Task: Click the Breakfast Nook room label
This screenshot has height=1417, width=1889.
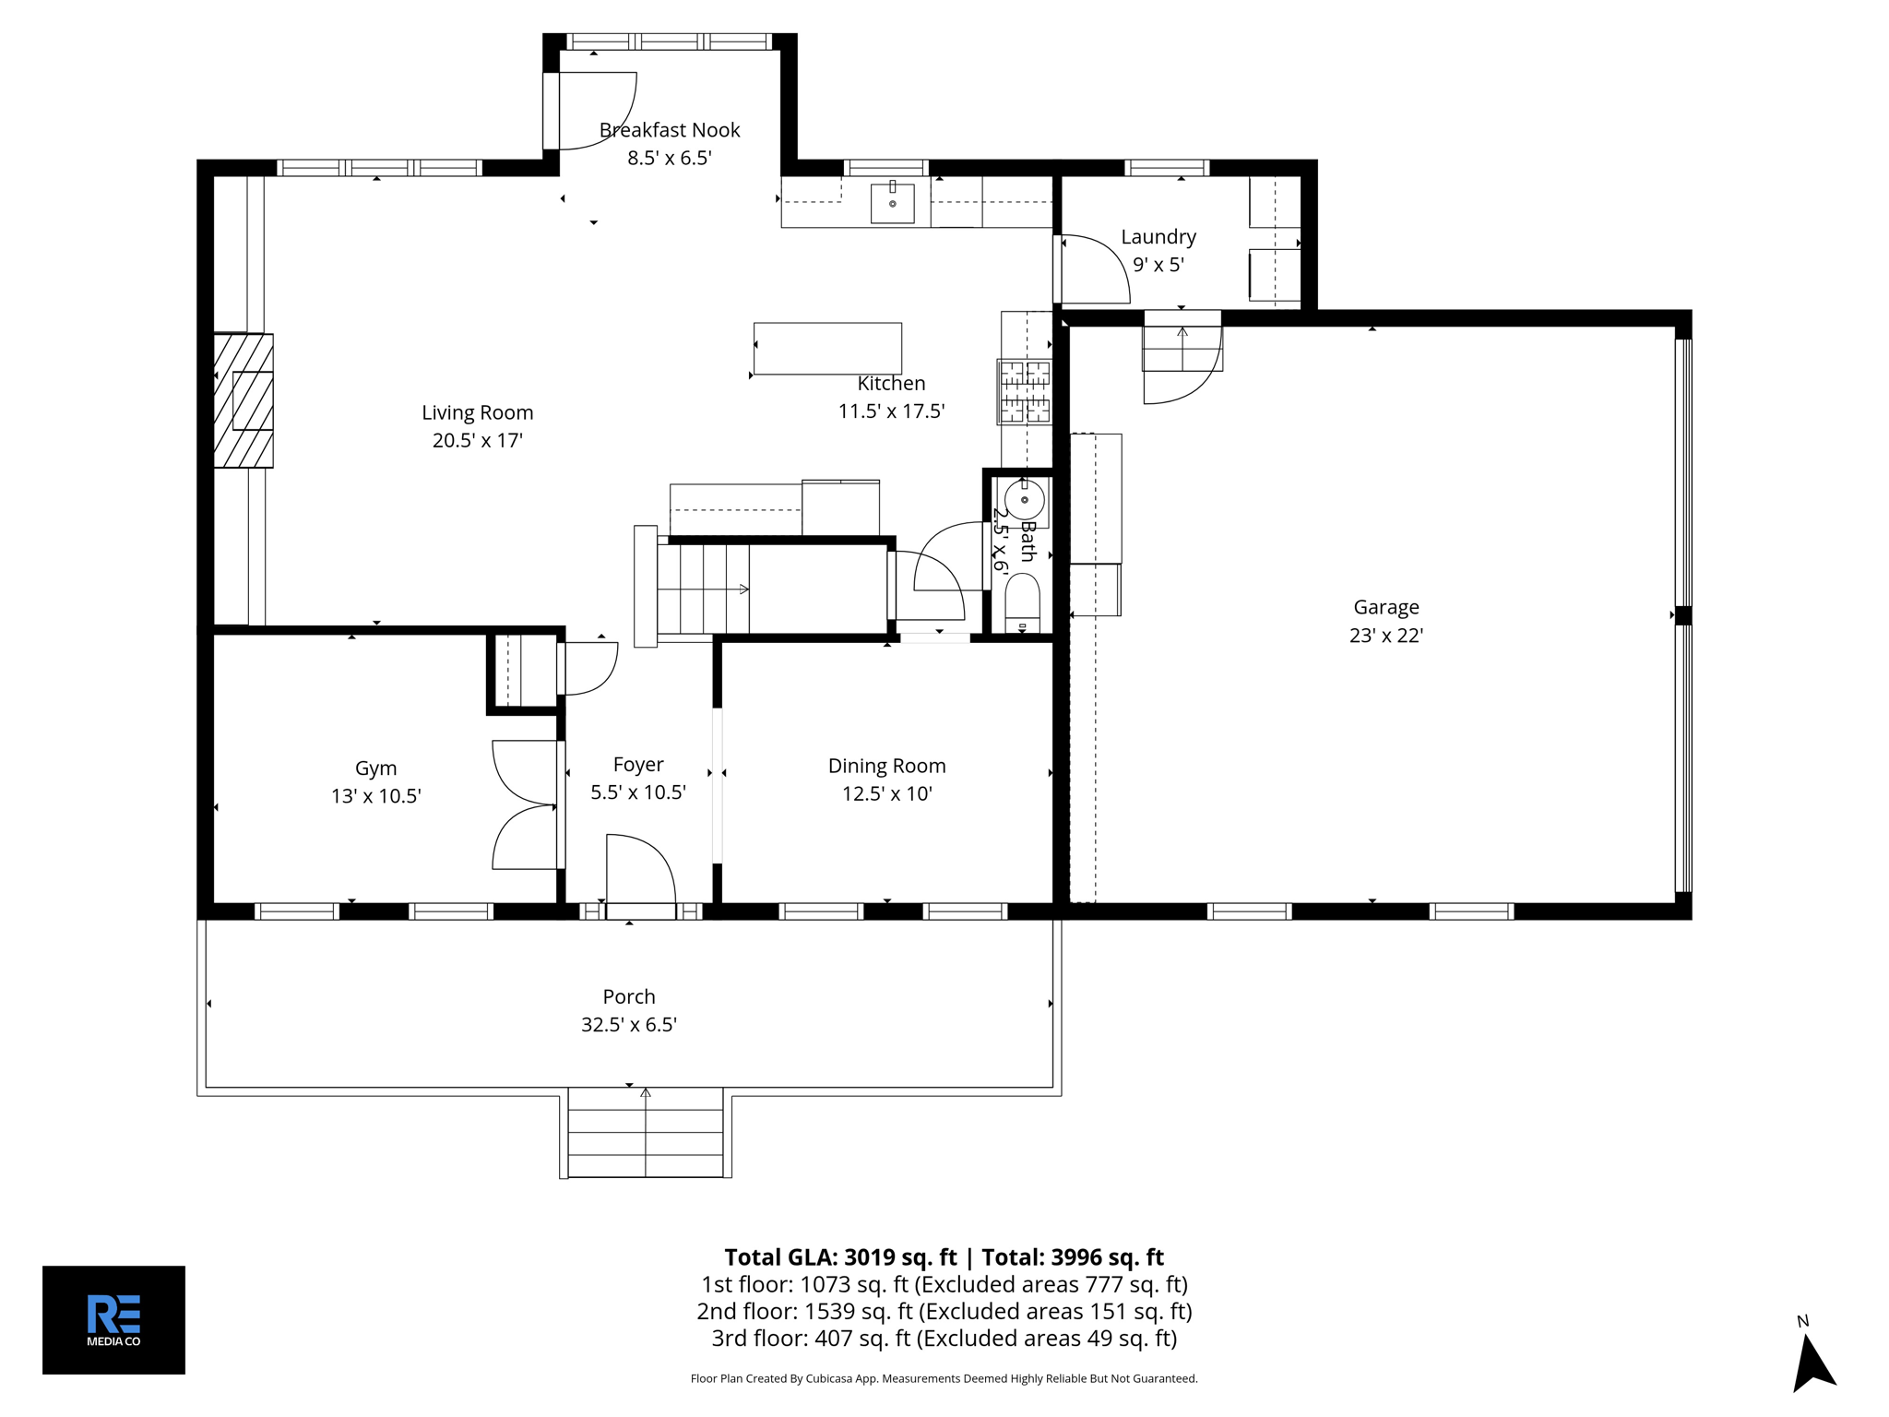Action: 670,130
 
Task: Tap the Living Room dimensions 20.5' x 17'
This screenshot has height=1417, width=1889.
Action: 477,440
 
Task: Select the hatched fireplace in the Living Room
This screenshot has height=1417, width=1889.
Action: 244,400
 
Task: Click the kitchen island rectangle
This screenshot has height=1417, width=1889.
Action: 827,348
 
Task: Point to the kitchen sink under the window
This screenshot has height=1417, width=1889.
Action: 892,203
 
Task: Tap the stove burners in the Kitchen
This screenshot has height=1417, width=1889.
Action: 1025,392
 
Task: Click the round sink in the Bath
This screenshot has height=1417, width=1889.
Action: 1024,501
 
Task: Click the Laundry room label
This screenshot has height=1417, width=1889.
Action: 1158,237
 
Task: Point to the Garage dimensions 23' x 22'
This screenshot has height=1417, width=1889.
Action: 1385,635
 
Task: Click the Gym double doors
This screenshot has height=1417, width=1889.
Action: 526,805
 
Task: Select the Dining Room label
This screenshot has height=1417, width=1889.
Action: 886,766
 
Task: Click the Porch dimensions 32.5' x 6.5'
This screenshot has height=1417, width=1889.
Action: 629,1024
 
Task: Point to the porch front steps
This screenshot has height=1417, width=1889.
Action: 645,1133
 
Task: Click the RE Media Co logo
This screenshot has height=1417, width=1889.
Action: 113,1319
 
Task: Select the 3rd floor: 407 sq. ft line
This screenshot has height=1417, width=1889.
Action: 944,1338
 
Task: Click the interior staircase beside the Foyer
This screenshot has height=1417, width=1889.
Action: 703,589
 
